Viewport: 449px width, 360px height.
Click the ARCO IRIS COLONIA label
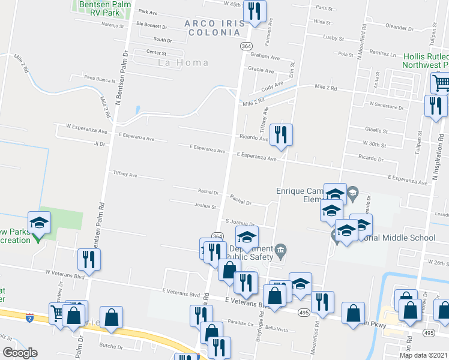point(209,27)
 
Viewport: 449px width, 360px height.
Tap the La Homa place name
point(183,62)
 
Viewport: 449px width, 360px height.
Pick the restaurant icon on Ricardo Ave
point(280,134)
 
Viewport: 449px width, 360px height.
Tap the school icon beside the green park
point(40,223)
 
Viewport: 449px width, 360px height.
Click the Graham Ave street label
point(265,58)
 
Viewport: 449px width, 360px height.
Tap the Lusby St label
point(333,37)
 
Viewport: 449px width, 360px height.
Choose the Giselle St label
point(376,130)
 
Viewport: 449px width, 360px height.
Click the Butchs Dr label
point(111,347)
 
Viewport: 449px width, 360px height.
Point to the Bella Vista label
point(277,329)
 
